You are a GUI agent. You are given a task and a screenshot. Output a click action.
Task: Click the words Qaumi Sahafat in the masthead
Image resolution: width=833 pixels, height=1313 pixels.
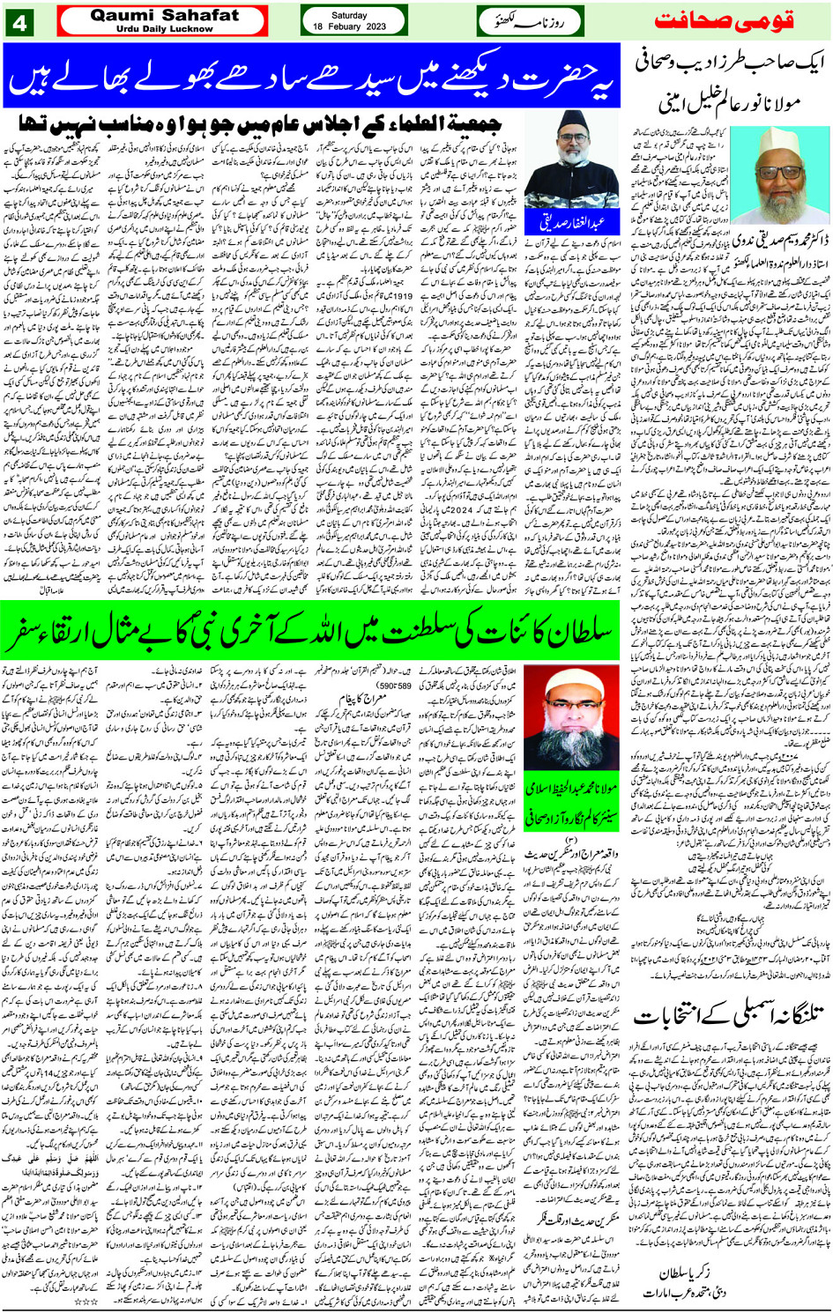164,15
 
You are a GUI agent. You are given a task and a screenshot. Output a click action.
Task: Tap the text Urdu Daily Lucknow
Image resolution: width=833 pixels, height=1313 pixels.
164,29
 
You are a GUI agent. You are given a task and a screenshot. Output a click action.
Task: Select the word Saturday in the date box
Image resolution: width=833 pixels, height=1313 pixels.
350,15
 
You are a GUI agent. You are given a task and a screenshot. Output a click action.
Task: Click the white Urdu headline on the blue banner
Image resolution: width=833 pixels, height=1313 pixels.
311,76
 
